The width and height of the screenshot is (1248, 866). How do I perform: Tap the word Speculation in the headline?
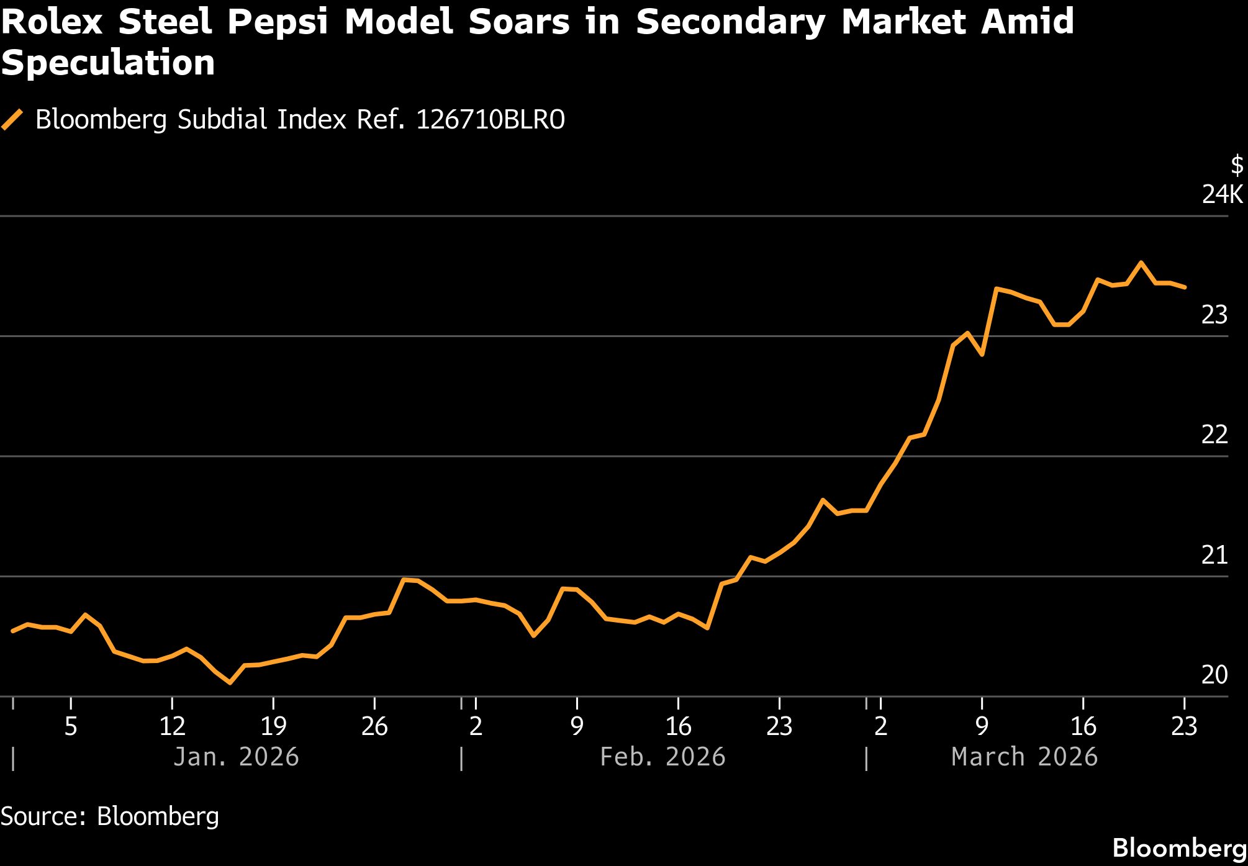[x=108, y=63]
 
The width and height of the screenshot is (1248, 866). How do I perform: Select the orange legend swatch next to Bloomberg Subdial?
[x=12, y=119]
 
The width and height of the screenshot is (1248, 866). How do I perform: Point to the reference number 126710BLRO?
[x=491, y=119]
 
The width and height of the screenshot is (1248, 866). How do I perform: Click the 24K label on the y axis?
[x=1222, y=194]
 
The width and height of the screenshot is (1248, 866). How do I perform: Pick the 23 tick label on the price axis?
[x=1214, y=315]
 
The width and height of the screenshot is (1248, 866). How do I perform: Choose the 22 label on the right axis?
[x=1214, y=435]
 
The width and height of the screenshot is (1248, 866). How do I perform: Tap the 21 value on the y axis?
[x=1214, y=555]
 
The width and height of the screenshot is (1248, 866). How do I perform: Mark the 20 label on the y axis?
[x=1214, y=675]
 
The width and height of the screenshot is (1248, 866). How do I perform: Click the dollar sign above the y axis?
[x=1237, y=165]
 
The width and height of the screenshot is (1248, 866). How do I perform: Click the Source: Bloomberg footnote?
[x=110, y=816]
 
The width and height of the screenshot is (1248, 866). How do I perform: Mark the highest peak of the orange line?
[x=1141, y=263]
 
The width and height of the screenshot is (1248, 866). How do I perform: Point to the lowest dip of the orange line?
[x=230, y=682]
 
